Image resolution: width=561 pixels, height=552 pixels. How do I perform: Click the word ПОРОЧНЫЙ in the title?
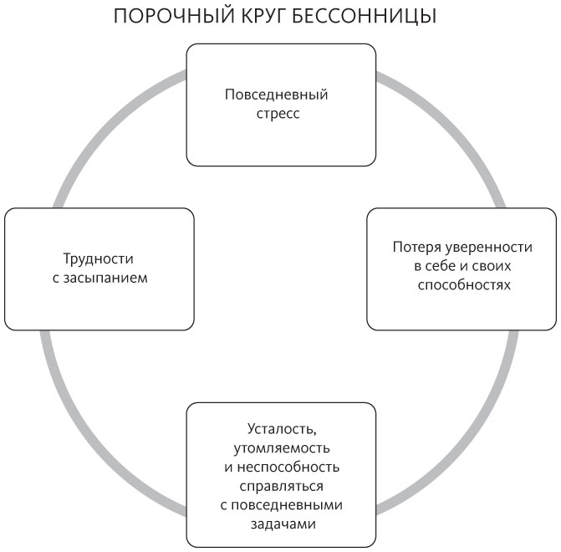174,16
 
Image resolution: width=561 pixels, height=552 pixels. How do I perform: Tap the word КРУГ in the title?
263,16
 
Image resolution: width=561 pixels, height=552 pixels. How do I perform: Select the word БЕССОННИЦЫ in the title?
365,17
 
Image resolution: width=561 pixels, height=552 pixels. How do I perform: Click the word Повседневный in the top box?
276,95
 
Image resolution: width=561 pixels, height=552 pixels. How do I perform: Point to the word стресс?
278,114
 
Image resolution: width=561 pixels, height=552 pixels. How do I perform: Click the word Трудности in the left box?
99,258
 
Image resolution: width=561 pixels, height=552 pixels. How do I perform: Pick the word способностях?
464,285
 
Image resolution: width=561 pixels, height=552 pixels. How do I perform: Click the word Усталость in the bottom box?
282,429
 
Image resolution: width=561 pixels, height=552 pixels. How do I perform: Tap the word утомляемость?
282,448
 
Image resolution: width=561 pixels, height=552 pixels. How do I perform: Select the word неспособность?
288,468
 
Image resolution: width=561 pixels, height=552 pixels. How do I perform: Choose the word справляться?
281,487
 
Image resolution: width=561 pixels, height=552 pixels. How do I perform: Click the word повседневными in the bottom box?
287,505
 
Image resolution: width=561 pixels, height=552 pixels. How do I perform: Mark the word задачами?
283,524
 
